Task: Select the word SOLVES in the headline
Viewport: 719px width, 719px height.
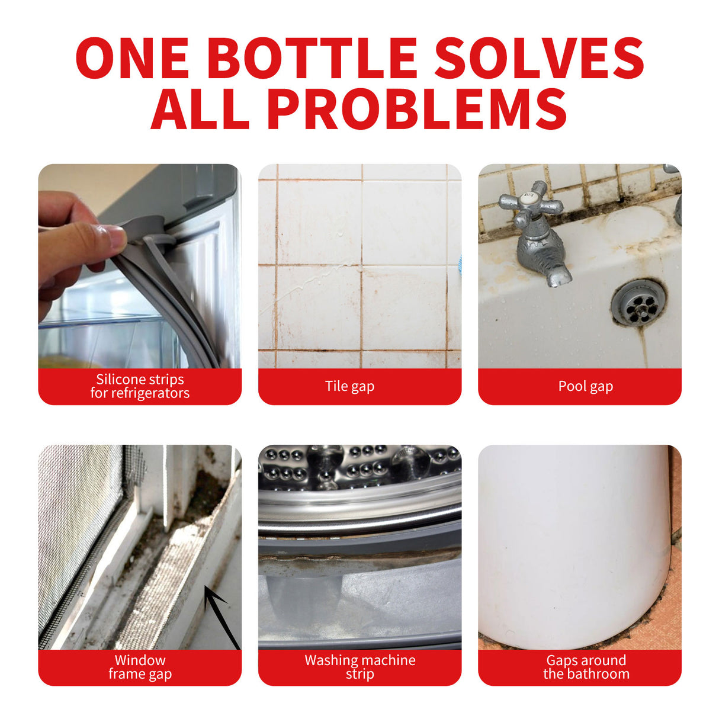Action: (539, 58)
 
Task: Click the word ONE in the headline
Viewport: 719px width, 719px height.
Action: (133, 58)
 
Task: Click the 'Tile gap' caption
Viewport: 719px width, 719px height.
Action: (349, 386)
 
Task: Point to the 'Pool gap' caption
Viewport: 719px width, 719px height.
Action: (585, 386)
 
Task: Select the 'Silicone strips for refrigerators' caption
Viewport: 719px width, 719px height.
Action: (140, 386)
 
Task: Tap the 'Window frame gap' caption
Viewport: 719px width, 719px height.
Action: (140, 667)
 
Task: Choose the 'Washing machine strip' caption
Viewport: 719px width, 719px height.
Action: (359, 667)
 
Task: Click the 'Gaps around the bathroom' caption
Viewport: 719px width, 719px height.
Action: (586, 667)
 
